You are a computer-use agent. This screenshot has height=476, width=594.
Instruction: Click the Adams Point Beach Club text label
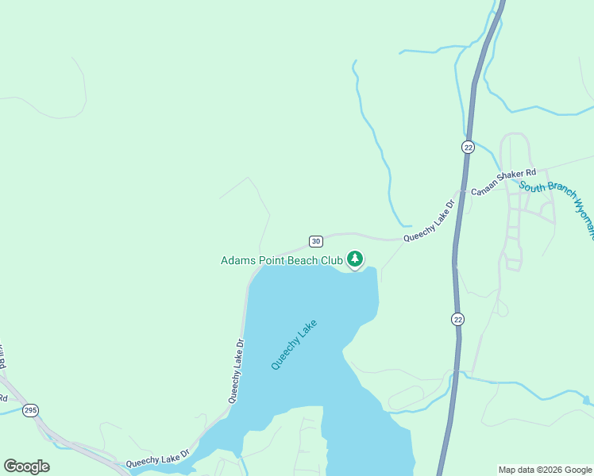point(281,259)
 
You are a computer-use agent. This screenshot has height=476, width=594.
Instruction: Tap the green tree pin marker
point(355,259)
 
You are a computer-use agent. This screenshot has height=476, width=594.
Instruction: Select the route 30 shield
point(315,241)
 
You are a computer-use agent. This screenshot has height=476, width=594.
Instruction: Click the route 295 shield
point(30,410)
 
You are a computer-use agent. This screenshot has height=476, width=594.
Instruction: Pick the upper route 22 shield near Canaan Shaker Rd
point(468,147)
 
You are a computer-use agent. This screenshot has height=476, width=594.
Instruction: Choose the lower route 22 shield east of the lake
point(458,319)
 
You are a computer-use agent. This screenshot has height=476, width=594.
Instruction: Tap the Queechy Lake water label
point(294,344)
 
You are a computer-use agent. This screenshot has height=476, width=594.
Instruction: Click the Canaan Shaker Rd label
point(503,182)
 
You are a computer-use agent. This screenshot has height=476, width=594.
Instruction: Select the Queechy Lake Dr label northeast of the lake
point(429,221)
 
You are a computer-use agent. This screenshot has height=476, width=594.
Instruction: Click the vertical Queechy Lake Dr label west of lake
point(236,371)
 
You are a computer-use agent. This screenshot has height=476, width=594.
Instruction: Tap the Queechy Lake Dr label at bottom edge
point(157,459)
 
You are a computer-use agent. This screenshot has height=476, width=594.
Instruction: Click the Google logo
point(26,466)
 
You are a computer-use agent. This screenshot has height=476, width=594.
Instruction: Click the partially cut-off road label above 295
point(2,358)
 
